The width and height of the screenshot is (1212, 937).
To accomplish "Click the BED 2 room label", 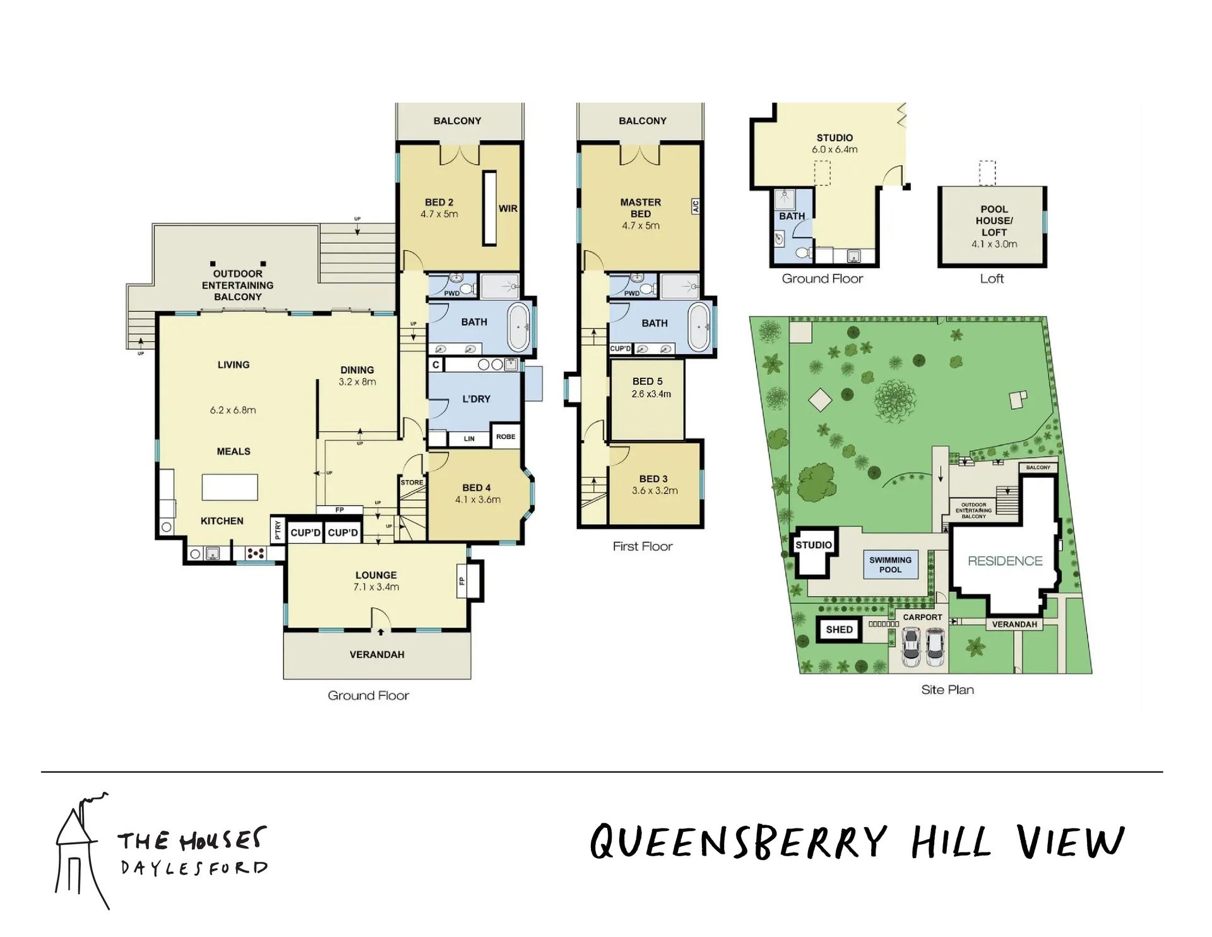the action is [439, 203].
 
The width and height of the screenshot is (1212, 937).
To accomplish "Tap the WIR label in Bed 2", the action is [508, 208].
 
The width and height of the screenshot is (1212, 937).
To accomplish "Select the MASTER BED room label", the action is [641, 208].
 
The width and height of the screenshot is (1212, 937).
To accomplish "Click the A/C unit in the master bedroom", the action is [696, 206].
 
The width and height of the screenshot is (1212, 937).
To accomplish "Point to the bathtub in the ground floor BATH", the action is [520, 327].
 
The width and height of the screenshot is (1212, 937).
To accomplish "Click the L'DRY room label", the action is [476, 399].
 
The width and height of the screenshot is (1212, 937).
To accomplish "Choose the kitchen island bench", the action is [230, 487].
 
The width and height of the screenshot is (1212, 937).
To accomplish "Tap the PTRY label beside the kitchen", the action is [278, 531].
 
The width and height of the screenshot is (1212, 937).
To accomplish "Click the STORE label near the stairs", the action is [412, 482].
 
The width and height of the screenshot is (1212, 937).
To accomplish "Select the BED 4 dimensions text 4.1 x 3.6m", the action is [478, 499].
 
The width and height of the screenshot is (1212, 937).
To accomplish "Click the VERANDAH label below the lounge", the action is [377, 655].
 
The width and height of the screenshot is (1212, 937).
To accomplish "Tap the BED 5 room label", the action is [648, 381].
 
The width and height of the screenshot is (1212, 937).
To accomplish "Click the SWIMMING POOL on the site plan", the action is [891, 564].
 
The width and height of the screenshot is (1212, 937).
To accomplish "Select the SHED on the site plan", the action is [839, 630].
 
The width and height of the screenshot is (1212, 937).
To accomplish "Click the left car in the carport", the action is [911, 647].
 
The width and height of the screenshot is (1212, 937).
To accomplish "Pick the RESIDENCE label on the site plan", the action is [1005, 561].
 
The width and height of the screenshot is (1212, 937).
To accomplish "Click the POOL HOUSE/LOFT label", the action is [994, 220].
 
